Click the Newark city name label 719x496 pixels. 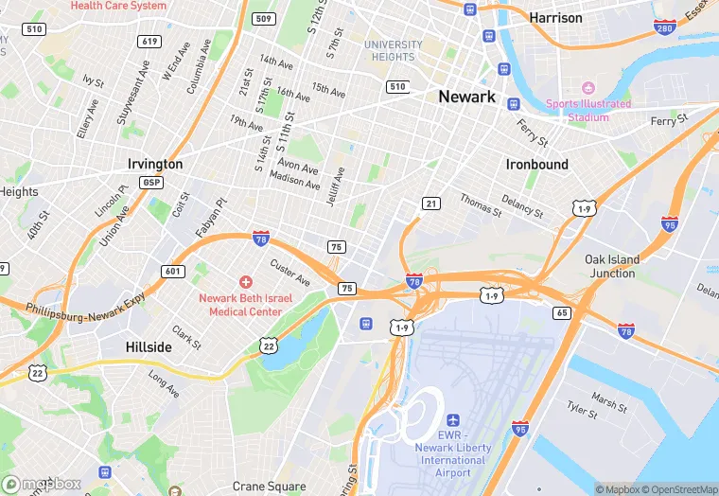point(466,97)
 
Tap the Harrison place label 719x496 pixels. point(555,17)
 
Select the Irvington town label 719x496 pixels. point(154,164)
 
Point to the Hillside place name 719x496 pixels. point(149,347)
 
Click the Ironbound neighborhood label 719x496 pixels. point(536,164)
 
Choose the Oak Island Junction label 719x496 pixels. point(611,266)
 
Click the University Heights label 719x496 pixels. point(393,50)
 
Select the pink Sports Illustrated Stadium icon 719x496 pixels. point(586,88)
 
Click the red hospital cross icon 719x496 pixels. point(245,281)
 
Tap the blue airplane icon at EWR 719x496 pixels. point(452,419)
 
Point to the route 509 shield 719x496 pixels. point(264,19)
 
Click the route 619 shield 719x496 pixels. point(149,41)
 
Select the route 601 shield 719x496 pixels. point(171,272)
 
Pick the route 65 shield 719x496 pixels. point(562,312)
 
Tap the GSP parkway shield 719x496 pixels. point(150,182)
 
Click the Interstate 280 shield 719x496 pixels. point(665,28)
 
